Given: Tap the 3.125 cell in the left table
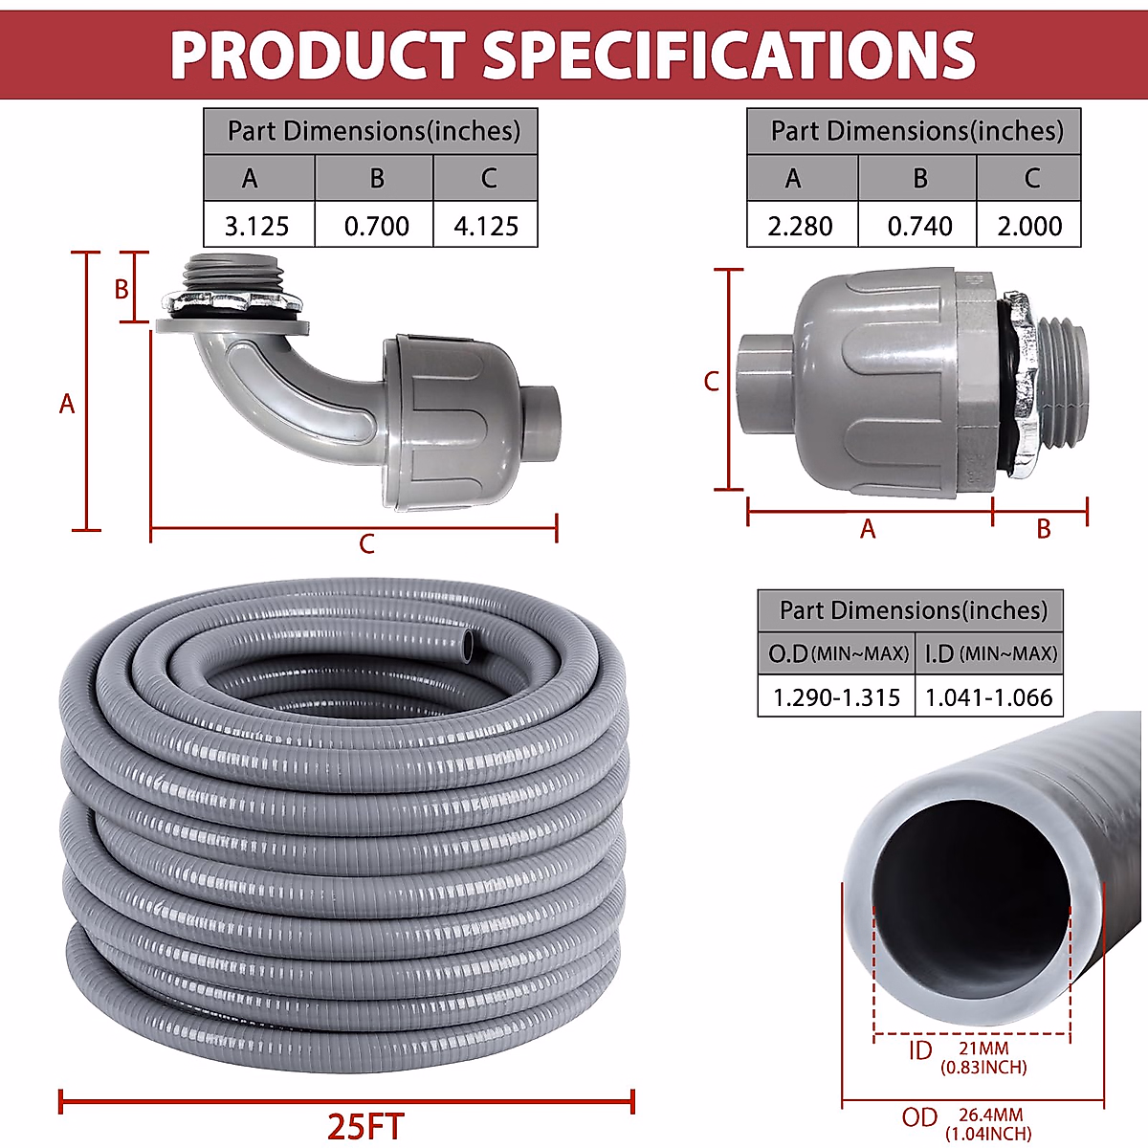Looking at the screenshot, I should tap(256, 226).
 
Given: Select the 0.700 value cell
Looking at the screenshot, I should tap(376, 226).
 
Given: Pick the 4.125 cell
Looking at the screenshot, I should tap(486, 226).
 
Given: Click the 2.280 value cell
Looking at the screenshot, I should tap(800, 226).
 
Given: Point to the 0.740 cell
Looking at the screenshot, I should tap(919, 226).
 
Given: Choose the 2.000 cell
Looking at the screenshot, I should tap(1029, 226).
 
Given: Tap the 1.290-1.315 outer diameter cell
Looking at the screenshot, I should tap(836, 697).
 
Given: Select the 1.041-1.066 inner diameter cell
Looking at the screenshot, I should tap(989, 697).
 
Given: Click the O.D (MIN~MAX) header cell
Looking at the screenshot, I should tap(837, 653).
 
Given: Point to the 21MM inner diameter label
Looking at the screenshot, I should tap(983, 1049).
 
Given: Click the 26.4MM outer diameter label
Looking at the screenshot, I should tap(990, 1115).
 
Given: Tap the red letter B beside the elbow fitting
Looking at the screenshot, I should tap(121, 289).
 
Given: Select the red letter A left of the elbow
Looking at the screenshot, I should tap(66, 404).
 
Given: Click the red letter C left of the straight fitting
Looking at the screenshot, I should tap(711, 381).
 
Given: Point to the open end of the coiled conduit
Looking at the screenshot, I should tap(469, 647).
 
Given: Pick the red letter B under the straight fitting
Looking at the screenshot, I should tap(1043, 529).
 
